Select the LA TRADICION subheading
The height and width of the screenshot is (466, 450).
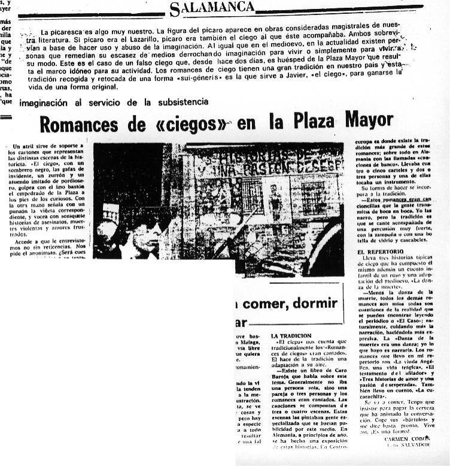pos(291,335)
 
